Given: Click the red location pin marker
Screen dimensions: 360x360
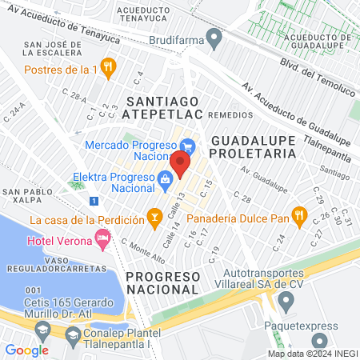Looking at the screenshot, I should click(180, 163).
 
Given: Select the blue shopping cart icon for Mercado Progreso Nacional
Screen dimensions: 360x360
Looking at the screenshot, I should click(188, 146).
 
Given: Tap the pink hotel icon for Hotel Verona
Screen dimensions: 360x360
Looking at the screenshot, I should click(102, 237).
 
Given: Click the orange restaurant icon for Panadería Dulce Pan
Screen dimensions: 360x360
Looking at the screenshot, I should click(299, 214).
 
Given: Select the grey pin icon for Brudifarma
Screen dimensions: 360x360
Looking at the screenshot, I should click(213, 37).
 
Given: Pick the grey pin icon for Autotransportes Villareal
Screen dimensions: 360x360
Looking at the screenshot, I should click(285, 302).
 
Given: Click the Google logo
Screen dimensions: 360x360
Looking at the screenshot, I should click(26, 350).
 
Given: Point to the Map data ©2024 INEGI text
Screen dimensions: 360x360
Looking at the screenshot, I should click(311, 353).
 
